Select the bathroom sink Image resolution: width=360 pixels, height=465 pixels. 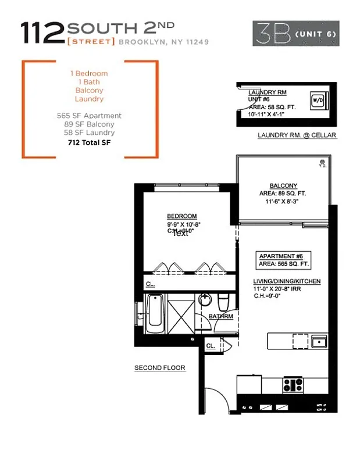click(205, 301)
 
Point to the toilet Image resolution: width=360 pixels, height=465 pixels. click(224, 302)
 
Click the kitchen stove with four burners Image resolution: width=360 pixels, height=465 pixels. click(292, 384)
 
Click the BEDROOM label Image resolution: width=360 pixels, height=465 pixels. click(181, 215)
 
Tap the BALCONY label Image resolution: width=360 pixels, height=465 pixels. click(283, 186)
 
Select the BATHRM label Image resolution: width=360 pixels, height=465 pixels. click(221, 317)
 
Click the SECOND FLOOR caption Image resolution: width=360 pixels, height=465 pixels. click(159, 368)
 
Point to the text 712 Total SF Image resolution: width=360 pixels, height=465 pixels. click(89, 142)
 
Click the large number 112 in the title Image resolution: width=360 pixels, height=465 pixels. click(42, 33)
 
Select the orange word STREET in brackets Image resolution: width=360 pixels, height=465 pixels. click(91, 42)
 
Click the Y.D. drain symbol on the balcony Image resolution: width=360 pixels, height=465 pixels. click(321, 162)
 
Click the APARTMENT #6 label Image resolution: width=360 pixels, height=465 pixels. click(277, 256)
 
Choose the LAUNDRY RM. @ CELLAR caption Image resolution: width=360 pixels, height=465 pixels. click(297, 135)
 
